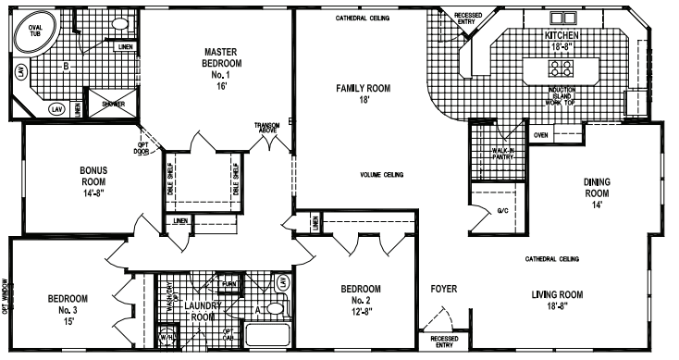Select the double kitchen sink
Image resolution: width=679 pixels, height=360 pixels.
click(562, 18)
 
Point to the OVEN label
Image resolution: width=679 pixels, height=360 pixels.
click(540, 134)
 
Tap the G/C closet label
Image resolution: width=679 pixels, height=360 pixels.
click(502, 211)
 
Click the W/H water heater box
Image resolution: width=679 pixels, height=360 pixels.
click(168, 337)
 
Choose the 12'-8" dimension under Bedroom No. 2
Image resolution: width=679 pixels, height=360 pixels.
click(363, 313)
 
